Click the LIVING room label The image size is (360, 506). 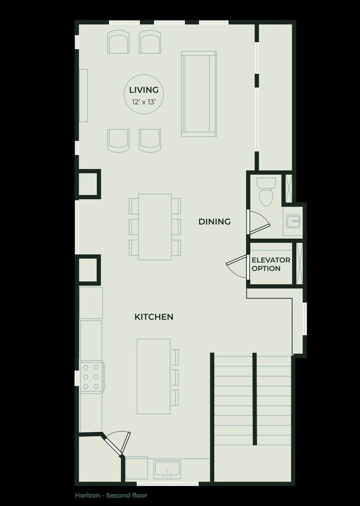pos(144,90)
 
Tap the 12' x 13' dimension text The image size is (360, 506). pos(144,102)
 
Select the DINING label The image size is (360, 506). pos(214,221)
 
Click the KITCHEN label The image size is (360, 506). pos(154,317)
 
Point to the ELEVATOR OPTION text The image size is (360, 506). pos(271,264)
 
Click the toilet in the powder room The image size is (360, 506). pos(266,191)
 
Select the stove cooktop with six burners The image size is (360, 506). pos(91,376)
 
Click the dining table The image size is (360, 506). pos(155,226)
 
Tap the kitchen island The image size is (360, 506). pos(153,376)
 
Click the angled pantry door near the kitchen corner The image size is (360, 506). pos(117,443)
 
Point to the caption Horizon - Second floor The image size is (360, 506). pos(111,495)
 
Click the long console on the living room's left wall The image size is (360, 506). pos(84,95)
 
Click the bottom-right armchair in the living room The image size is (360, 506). pos(150,140)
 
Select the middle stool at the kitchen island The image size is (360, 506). pos(175,376)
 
